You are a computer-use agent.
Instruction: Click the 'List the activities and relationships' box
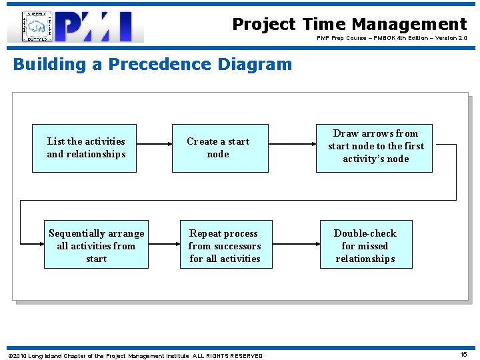click(85, 148)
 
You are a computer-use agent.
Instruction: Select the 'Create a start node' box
click(220, 148)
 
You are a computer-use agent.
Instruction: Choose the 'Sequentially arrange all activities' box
click(96, 245)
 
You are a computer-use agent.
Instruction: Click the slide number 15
click(463, 355)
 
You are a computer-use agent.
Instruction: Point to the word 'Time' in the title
click(323, 25)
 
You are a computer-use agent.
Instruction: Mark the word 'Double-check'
click(365, 233)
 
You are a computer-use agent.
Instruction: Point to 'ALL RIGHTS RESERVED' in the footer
click(227, 356)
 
